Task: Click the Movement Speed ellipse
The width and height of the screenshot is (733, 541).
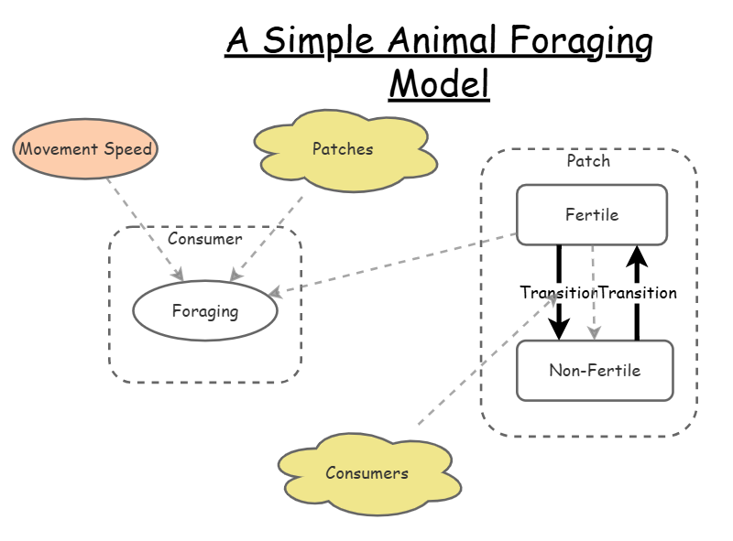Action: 85,148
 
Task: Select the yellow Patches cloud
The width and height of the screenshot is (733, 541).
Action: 343,149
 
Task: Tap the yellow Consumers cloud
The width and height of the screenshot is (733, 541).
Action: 366,473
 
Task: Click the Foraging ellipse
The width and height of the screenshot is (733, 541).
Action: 205,311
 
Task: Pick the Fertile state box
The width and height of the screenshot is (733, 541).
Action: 592,215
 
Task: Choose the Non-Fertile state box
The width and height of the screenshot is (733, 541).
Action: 595,371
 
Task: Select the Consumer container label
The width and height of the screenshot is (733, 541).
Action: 205,240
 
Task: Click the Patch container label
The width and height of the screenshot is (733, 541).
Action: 588,161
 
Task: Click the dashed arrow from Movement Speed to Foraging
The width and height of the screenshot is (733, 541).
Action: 145,229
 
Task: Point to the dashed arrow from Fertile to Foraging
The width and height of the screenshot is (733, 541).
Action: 394,265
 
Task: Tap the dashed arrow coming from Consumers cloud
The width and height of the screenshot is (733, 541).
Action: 476,366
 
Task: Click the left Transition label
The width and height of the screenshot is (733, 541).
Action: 557,293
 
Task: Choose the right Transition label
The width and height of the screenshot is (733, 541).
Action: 638,293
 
